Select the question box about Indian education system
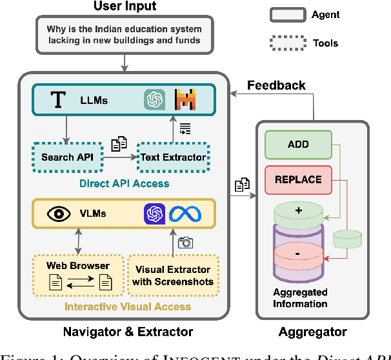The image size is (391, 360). point(123,35)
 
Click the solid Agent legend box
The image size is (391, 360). point(287,14)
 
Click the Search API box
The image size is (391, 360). point(66,157)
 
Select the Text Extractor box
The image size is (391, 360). point(172,157)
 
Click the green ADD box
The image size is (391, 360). point(297,145)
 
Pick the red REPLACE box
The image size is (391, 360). point(297,179)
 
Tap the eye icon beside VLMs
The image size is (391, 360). point(59,214)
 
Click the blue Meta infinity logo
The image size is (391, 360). point(185,214)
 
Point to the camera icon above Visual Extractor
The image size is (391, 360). point(185,243)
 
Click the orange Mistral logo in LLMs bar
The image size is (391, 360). point(185,99)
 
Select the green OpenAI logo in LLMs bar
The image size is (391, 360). point(155,99)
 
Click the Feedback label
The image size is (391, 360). point(276,85)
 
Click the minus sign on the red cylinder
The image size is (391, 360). point(297,254)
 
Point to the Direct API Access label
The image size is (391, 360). point(125,184)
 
